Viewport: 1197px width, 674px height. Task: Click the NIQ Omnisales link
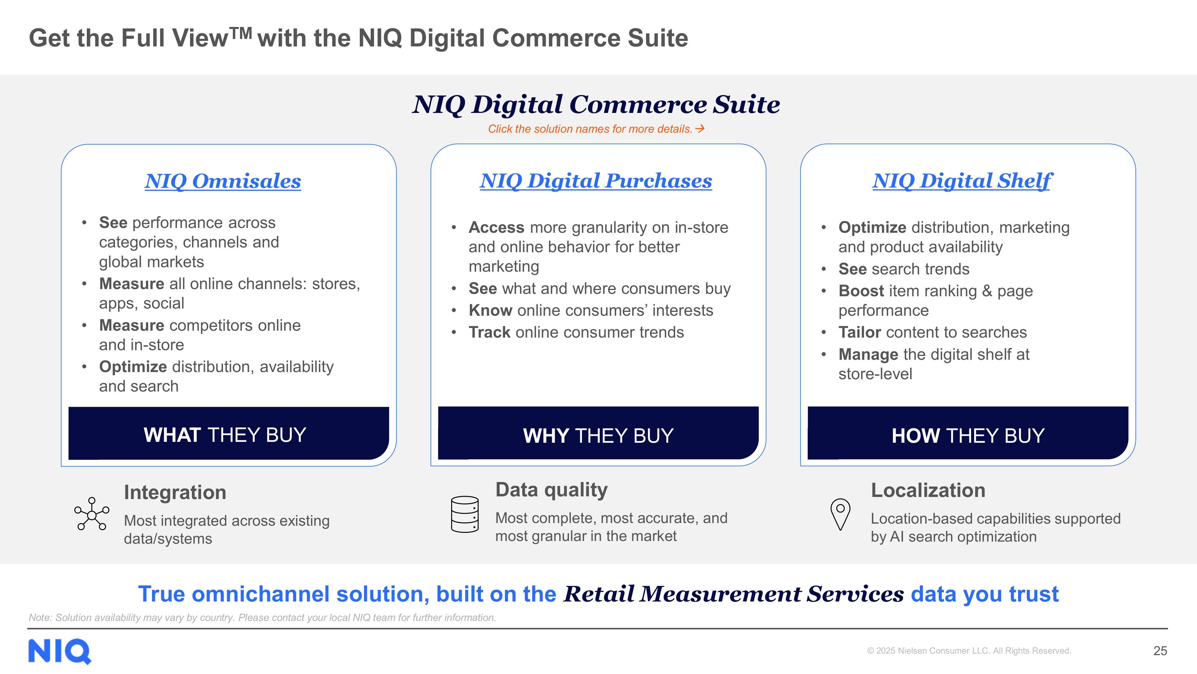pos(223,182)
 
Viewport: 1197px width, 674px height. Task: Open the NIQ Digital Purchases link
pos(596,182)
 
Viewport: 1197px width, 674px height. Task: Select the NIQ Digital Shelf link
pos(962,182)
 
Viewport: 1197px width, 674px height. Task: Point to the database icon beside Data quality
pos(465,514)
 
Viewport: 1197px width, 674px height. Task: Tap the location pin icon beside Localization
pos(840,514)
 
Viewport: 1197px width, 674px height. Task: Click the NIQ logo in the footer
pos(60,651)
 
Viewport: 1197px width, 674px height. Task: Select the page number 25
pos(1160,651)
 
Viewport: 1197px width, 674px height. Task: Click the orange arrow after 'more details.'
pos(700,129)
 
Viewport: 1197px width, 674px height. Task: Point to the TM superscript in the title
pos(241,33)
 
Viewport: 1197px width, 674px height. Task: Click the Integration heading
pos(175,492)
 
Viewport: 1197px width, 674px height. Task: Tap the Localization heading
pos(928,490)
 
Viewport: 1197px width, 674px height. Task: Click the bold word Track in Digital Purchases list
pos(489,332)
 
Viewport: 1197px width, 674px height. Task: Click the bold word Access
pos(496,227)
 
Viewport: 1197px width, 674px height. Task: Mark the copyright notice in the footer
pos(969,651)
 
